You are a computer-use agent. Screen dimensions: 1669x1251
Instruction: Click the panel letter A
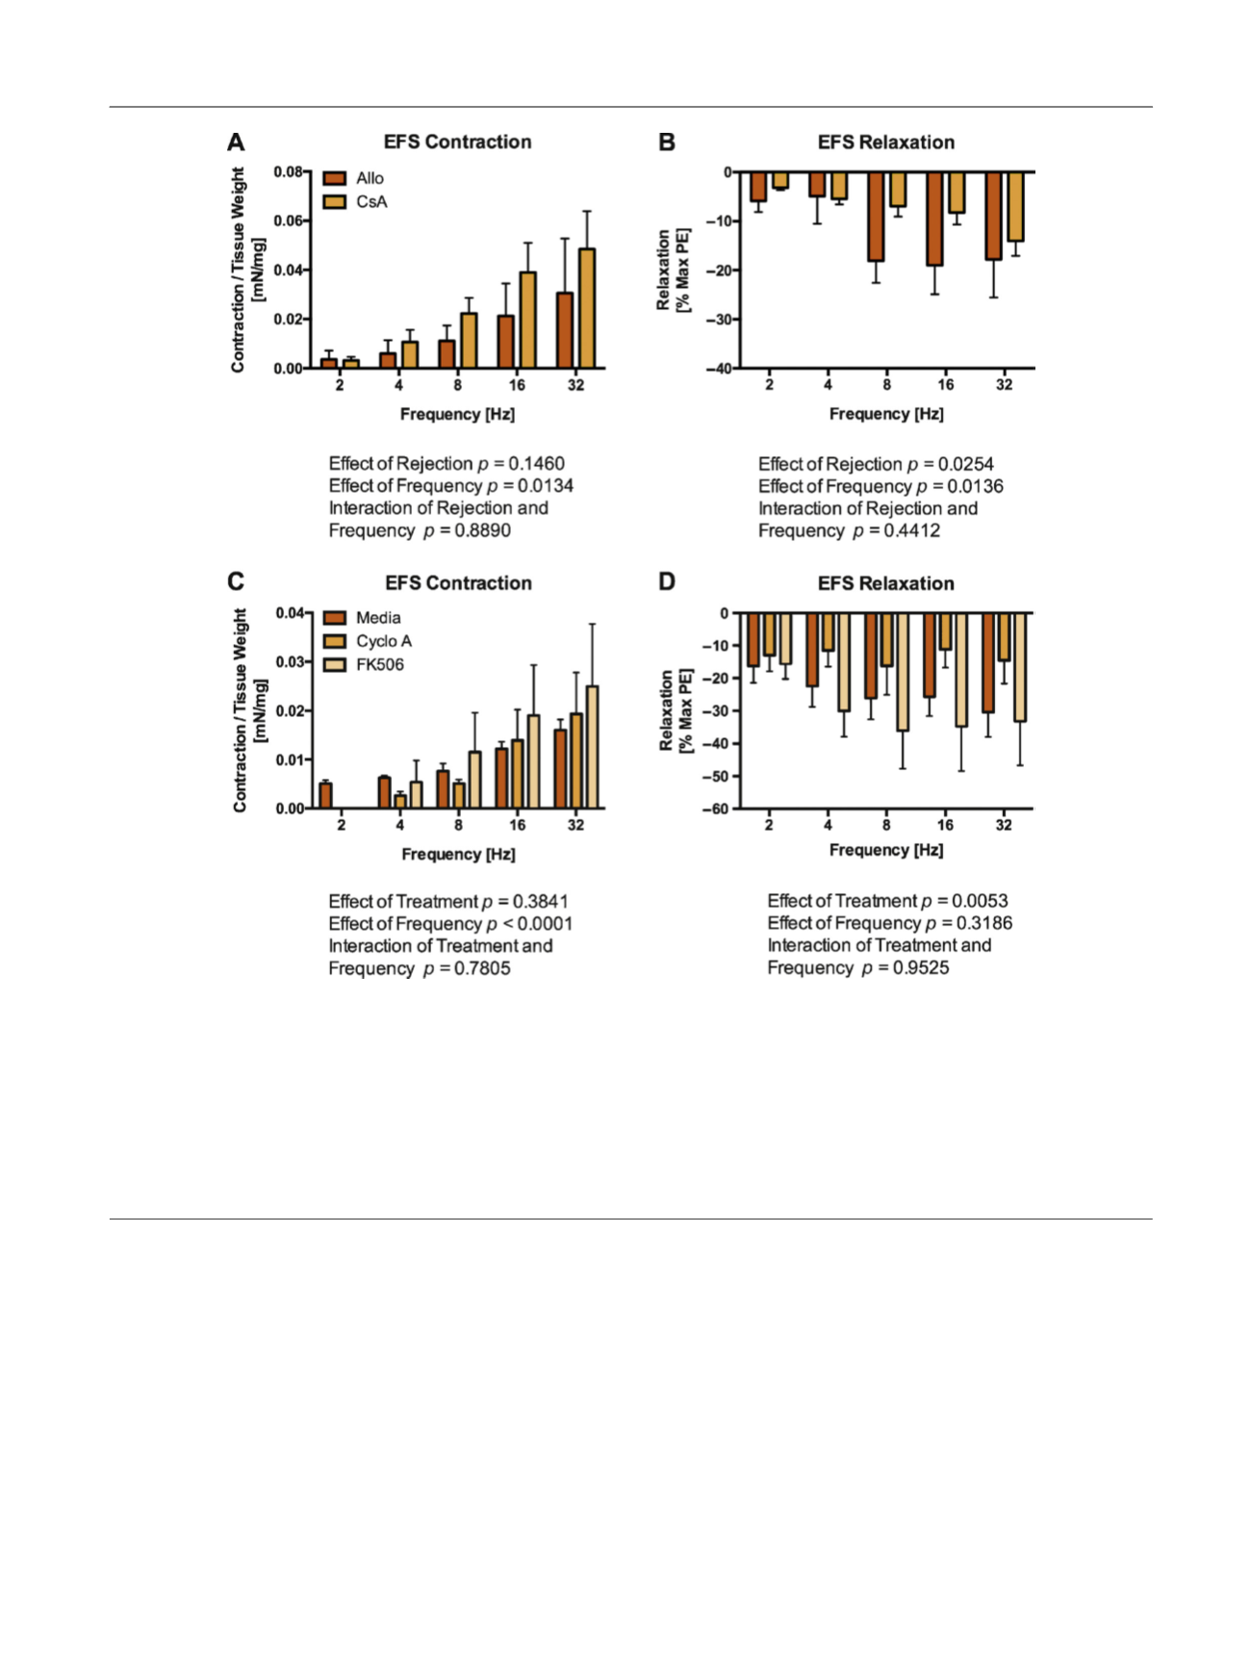tap(236, 142)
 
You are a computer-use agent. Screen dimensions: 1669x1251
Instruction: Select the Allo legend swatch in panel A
tap(334, 178)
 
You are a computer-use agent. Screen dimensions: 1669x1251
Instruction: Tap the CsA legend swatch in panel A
tap(334, 202)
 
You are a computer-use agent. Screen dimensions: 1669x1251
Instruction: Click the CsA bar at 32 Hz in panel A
tap(587, 308)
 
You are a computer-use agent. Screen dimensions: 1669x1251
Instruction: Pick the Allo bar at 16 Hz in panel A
tap(505, 342)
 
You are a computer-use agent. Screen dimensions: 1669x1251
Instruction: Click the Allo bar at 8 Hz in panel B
tap(876, 217)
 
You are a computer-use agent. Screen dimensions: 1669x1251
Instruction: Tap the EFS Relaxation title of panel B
tap(886, 142)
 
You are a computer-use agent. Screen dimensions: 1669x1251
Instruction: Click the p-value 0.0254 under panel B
tap(965, 464)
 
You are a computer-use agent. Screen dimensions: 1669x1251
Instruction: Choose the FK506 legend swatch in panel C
tap(334, 665)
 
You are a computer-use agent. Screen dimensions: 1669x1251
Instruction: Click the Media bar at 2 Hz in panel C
tap(325, 796)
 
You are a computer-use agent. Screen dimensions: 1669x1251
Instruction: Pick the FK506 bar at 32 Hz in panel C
tap(592, 747)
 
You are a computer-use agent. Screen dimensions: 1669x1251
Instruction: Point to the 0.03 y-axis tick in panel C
tap(290, 662)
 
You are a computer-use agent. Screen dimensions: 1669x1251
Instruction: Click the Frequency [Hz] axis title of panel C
tap(458, 855)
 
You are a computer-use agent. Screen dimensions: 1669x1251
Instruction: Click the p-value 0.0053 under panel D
tap(980, 901)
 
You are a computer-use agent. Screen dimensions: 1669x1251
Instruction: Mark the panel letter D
tap(666, 582)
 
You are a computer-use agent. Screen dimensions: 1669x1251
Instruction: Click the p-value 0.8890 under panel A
tap(482, 530)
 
